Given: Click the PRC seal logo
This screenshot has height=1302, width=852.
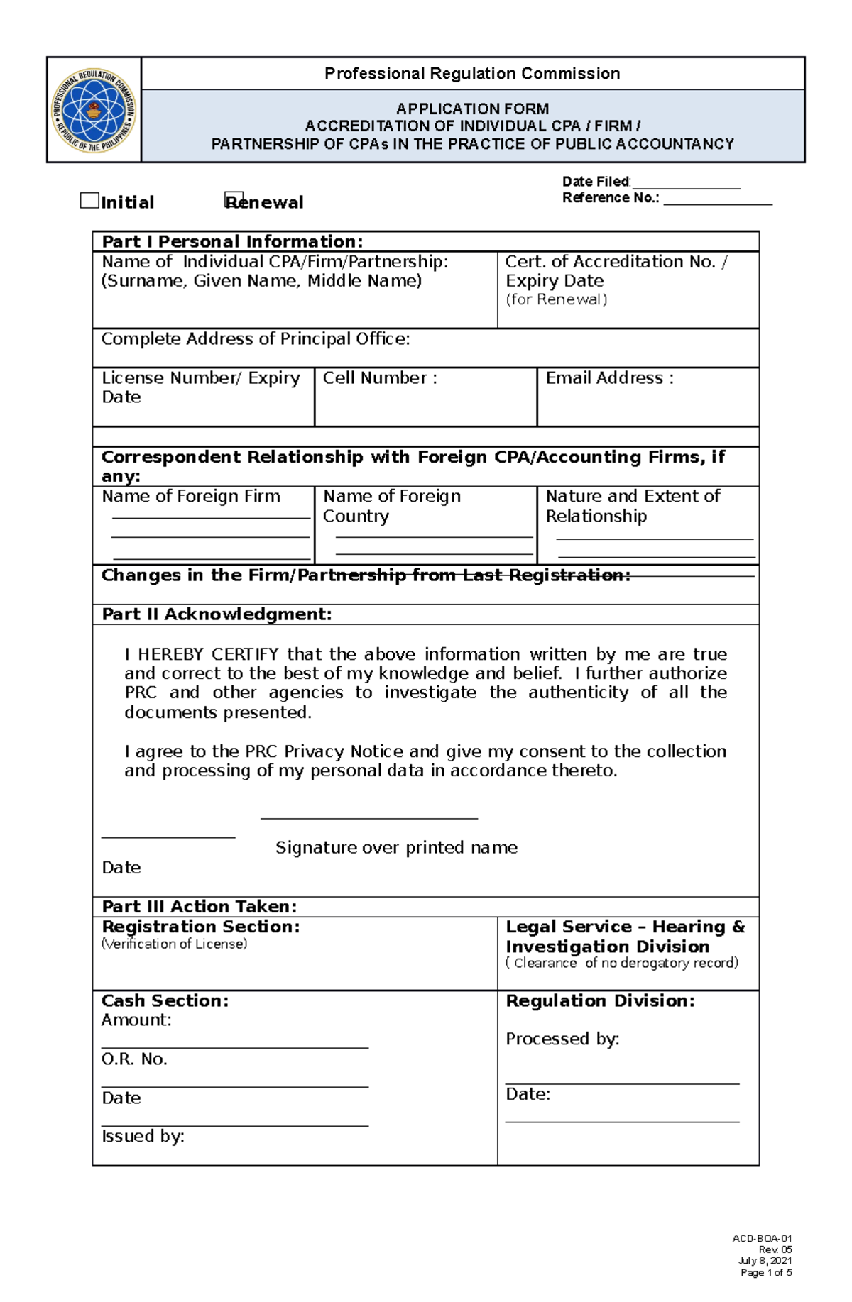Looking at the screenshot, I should click(x=94, y=110).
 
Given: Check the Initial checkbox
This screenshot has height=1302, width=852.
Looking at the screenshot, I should click(x=89, y=201).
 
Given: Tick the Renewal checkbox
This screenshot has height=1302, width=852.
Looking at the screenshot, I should click(x=234, y=201).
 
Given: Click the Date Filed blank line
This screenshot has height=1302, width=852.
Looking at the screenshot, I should click(x=686, y=184).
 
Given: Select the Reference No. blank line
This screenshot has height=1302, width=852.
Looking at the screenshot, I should click(x=717, y=199).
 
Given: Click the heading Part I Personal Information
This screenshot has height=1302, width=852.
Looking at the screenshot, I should click(x=232, y=241).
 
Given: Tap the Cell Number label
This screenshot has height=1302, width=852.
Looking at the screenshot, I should click(x=380, y=378).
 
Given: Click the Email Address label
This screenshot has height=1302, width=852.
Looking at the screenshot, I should click(x=609, y=378).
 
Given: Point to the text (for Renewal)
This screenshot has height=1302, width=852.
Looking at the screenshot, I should click(x=556, y=299).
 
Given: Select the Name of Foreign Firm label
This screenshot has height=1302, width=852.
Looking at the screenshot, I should click(x=191, y=496).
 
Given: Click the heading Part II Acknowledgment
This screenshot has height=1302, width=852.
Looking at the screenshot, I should click(x=217, y=614).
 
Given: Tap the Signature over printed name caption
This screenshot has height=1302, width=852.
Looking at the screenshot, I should click(x=396, y=847).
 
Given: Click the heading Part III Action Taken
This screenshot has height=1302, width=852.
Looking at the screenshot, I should click(x=199, y=906).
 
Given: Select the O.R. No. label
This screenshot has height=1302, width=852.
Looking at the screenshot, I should click(x=134, y=1059).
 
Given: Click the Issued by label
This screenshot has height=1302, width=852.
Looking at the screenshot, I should click(x=143, y=1136).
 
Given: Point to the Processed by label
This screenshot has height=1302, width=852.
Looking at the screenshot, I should click(x=562, y=1039).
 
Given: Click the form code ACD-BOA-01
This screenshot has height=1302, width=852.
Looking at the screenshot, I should click(x=762, y=1238).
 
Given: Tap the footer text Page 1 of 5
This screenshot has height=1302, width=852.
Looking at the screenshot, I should click(x=765, y=1273).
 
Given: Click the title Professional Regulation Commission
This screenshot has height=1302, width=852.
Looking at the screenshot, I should click(x=472, y=74).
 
